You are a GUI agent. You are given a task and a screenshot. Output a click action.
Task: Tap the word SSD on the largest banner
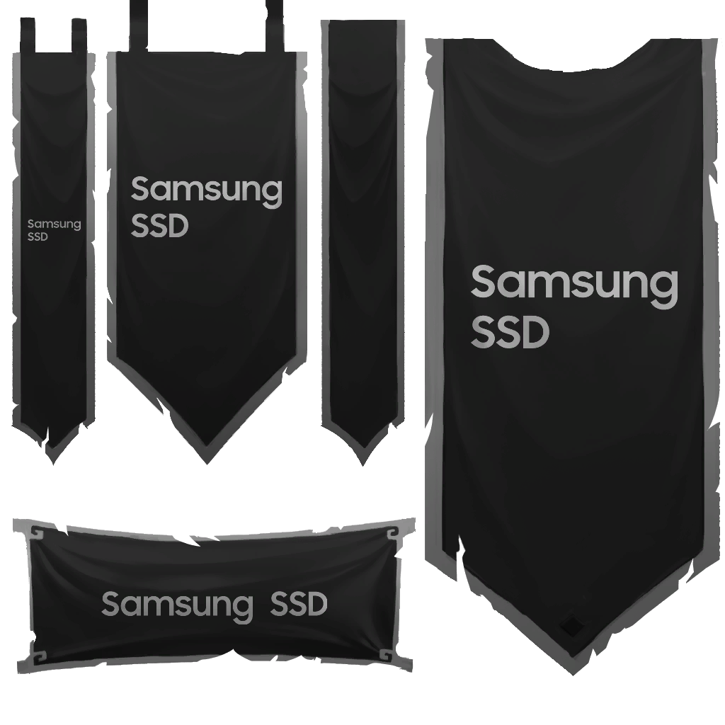pyautogui.click(x=510, y=332)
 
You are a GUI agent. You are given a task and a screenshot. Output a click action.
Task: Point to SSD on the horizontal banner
pyautogui.click(x=299, y=604)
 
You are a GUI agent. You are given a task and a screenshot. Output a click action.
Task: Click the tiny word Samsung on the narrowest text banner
pyautogui.click(x=54, y=224)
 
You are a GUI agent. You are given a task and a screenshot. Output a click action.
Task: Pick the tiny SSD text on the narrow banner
pyautogui.click(x=38, y=237)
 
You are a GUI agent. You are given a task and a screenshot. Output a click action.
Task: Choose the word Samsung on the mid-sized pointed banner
pyautogui.click(x=206, y=190)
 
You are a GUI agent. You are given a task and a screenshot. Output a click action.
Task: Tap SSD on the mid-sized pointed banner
pyautogui.click(x=160, y=227)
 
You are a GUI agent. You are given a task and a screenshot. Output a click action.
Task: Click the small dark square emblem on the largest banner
pyautogui.click(x=570, y=625)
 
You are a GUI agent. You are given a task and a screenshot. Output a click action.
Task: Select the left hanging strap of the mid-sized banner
pyautogui.click(x=137, y=25)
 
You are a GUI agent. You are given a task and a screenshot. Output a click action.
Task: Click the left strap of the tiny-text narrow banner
pyautogui.click(x=28, y=32)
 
